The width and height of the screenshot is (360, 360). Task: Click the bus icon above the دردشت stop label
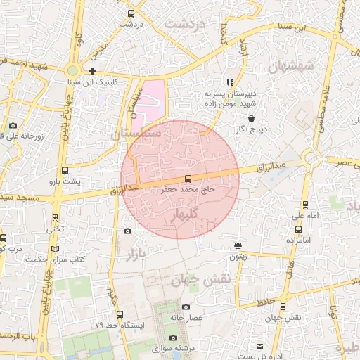[131, 13]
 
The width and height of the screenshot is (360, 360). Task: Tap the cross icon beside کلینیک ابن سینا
[93, 71]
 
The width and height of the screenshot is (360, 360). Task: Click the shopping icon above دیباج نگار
[252, 119]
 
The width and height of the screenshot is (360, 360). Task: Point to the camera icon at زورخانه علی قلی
[13, 126]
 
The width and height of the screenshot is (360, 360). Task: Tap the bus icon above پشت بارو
[65, 170]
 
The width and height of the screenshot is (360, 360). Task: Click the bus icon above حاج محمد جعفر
[188, 179]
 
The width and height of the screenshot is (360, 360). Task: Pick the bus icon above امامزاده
[300, 229]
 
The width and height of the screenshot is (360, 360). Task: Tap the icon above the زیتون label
[239, 245]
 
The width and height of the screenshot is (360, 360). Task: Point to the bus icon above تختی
[56, 217]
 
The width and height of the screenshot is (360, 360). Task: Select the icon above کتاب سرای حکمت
[56, 249]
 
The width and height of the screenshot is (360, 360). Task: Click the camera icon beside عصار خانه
[186, 307]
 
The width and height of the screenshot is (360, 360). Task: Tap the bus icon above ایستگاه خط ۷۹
[120, 314]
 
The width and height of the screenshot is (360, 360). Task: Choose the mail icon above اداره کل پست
[260, 347]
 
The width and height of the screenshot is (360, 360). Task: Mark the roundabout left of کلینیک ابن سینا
[72, 70]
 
